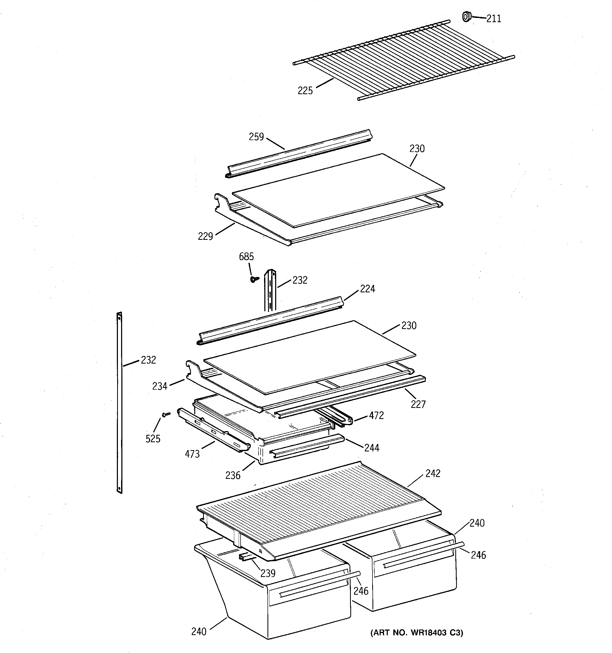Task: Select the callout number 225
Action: coord(305,91)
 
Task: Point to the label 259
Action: coord(256,137)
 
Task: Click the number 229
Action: coord(205,236)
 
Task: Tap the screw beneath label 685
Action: coord(254,279)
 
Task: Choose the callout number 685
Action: coord(246,256)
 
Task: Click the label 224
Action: coord(367,289)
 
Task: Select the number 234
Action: coord(160,386)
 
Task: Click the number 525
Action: coord(153,438)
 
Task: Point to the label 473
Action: coord(192,454)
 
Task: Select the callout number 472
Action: coord(376,416)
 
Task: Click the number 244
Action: coord(371,448)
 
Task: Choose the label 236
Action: coord(233,475)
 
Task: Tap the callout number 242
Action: coord(433,473)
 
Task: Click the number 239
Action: coord(268,573)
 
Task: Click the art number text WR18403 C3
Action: coord(417,633)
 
